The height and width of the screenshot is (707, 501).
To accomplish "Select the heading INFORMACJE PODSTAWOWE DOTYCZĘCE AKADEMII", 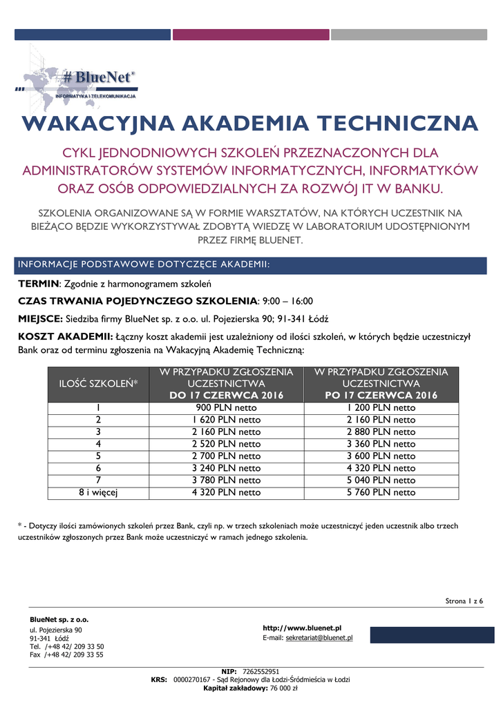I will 144,265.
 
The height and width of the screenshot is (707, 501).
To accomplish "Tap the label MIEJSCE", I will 40,318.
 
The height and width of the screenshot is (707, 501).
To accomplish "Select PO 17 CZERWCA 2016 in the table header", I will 381,396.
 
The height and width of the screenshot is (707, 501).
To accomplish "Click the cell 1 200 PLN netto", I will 381,407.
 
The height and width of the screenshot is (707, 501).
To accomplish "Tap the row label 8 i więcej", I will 99,492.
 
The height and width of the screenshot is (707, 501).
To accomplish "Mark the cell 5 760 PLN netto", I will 381,492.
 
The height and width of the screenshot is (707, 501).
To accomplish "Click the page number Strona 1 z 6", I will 464,601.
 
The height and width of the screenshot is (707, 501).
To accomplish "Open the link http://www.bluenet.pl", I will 303,628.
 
